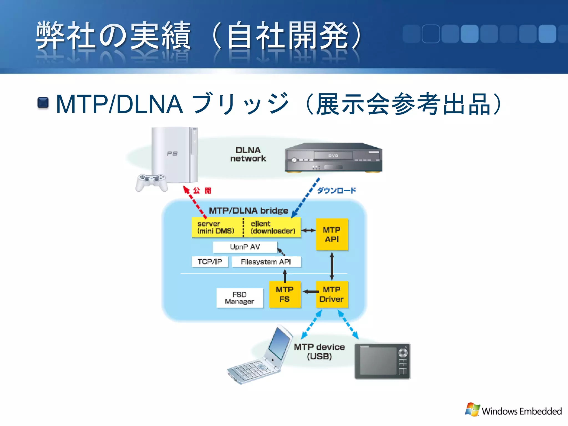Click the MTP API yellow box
coord(332,235)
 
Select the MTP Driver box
coord(332,295)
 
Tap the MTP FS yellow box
coord(285,295)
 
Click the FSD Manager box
coord(239,298)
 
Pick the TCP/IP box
coord(210,262)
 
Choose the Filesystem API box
coord(266,262)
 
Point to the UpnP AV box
coord(245,247)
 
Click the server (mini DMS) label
coord(216,227)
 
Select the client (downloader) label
coord(273,227)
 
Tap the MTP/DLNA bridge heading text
coord(248,211)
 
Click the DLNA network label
coord(248,154)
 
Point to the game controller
coord(151,182)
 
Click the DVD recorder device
coord(333,158)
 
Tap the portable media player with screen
coord(382,361)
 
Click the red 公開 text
coord(202,191)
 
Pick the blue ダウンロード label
coord(336,191)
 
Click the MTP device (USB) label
coord(319,352)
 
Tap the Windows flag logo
coord(472,409)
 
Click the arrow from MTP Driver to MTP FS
coord(311,291)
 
